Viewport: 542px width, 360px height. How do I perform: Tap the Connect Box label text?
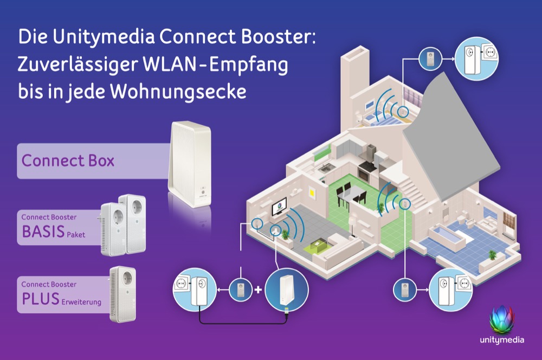coord(68,161)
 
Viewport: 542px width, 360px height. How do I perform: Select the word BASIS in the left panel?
coord(43,232)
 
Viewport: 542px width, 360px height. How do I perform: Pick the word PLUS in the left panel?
coord(41,299)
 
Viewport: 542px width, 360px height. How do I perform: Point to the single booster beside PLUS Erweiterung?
coord(123,294)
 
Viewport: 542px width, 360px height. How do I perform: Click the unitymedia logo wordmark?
coord(501,340)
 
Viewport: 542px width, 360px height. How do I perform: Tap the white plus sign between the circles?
coord(258,290)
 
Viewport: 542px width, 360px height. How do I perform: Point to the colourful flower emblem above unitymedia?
coord(501,320)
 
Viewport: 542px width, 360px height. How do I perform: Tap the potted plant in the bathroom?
coord(492,254)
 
